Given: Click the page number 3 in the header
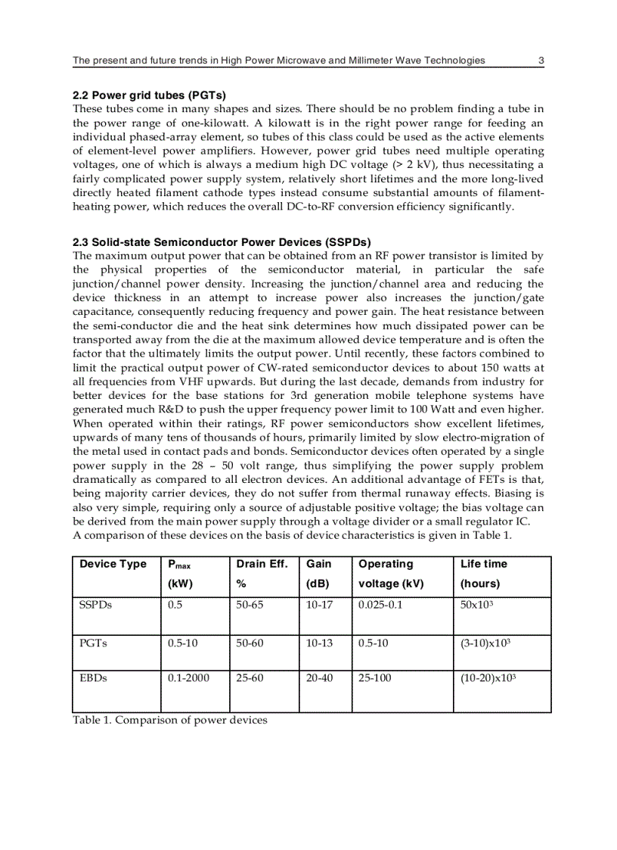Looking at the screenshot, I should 541,61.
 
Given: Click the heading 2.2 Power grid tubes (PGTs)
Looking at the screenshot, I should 149,95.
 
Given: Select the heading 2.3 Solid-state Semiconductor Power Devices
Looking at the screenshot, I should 222,242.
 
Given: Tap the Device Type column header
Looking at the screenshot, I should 113,564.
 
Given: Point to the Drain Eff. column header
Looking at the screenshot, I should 262,564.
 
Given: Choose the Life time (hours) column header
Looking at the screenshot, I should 484,574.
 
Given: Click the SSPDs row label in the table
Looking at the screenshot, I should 94,605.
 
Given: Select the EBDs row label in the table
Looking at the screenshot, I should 93,678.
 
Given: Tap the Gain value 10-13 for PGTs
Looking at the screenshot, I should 319,643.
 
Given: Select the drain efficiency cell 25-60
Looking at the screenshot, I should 250,678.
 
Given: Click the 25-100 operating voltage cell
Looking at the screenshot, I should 375,678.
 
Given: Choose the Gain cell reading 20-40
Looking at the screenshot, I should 319,678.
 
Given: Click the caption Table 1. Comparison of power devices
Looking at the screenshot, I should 170,720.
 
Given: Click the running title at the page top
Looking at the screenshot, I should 279,61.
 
